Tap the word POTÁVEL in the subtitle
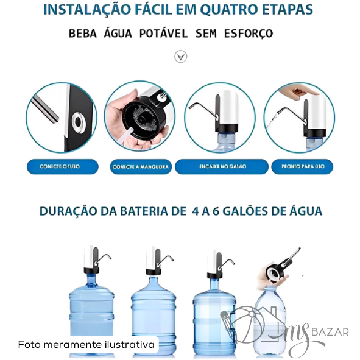[163, 34]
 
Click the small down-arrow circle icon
[181, 57]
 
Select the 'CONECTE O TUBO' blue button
[63, 167]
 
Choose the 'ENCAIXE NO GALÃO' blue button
[222, 166]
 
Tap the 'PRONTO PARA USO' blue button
[302, 166]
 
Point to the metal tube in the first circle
[45, 109]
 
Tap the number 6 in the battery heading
[216, 211]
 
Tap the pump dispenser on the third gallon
[219, 263]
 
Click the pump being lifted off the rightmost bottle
[281, 266]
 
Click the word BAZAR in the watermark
[330, 332]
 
